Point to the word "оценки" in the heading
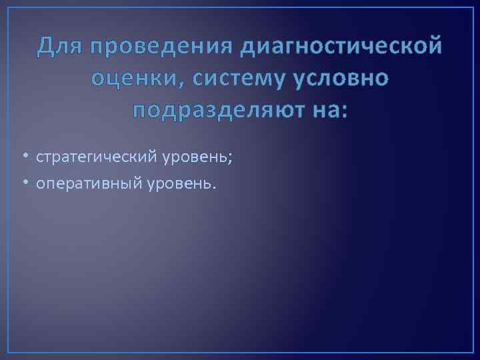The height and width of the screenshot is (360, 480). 130,78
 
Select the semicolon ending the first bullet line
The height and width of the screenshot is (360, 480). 230,159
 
